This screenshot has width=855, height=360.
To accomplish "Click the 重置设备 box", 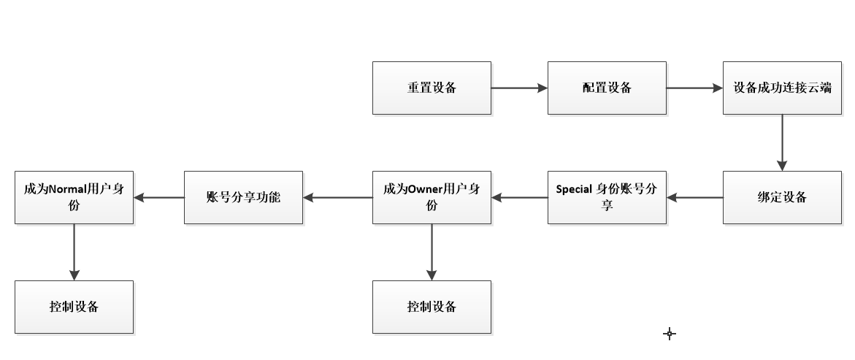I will tap(432, 88).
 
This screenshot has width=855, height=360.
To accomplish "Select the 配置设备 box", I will tap(607, 88).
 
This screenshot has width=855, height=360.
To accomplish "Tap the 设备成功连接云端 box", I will tap(782, 88).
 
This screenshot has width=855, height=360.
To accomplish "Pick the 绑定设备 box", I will tap(782, 197).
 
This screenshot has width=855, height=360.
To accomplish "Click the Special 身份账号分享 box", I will tap(607, 197).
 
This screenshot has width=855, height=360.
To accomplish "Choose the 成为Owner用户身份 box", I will tap(432, 197).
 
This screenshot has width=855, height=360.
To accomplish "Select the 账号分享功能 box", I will tap(243, 197).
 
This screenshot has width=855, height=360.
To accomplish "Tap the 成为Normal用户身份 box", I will tap(74, 197).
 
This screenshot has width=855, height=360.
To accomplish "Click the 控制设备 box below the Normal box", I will tap(74, 307).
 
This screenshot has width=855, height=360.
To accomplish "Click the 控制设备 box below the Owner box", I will tap(432, 307).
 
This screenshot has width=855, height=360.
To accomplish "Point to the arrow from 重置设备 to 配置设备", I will tap(519, 88).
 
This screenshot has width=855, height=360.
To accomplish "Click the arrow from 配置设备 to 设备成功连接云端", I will tap(694, 88).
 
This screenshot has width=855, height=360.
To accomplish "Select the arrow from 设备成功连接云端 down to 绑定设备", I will tap(782, 142).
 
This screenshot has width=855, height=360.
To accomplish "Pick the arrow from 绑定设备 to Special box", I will tap(694, 197).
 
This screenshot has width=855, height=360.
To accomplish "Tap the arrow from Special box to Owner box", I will tap(519, 197).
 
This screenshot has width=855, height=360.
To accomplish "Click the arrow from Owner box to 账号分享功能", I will tap(337, 197).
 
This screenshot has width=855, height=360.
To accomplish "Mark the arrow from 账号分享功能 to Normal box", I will tap(158, 197).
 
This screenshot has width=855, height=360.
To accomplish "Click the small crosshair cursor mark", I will tap(670, 334).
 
